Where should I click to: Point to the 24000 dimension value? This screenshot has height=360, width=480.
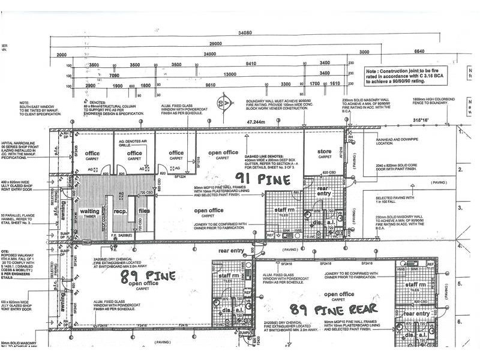click(209, 55)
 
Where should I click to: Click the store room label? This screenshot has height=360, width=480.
click(325, 152)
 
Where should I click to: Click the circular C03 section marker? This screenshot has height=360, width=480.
click(226, 103)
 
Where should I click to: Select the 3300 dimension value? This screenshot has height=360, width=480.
click(285, 85)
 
